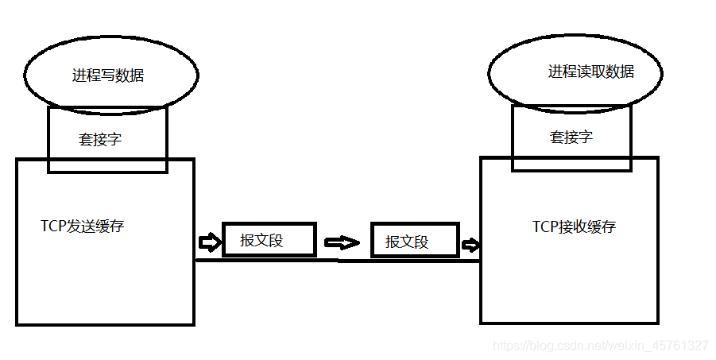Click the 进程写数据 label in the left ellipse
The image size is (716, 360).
108,76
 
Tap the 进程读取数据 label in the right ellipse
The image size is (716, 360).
590,72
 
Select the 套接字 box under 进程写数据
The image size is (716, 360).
100,139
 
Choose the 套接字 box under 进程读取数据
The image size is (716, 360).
571,137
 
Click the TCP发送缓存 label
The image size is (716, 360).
83,226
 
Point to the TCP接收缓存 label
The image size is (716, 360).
574,226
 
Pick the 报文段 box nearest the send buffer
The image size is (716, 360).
269,239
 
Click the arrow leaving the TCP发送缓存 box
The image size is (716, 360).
208,240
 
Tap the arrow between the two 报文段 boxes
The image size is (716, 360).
342,242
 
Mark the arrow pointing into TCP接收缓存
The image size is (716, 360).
470,244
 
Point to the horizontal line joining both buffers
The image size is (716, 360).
338,261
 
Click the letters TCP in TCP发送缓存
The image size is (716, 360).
52,226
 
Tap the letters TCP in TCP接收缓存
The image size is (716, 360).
544,226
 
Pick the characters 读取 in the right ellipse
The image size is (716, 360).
590,72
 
